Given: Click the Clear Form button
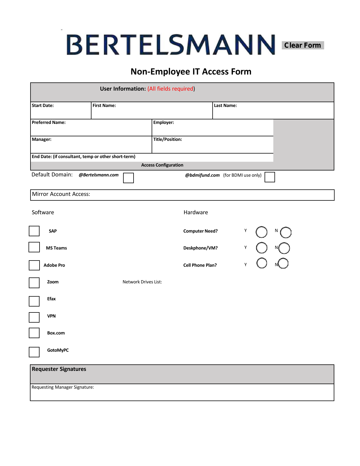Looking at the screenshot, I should point(302,45).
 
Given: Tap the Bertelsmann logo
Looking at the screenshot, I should point(171,45).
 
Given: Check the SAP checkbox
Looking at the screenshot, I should point(34,231).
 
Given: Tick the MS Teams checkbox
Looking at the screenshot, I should point(34,247).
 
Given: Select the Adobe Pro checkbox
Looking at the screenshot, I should point(34,265).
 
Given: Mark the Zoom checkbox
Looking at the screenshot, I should point(34,283).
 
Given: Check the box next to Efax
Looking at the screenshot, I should point(34,301).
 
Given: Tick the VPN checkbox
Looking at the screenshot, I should point(34,317).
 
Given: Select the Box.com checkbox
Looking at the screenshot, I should point(34,333).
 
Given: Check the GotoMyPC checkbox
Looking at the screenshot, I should point(34,352).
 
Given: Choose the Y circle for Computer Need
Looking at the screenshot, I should point(261,232).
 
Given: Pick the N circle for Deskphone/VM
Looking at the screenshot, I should point(284,248).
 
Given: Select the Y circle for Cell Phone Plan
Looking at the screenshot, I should point(262,263).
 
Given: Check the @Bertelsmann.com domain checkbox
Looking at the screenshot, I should point(128,178).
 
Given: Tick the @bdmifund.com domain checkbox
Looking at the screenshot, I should point(270,177).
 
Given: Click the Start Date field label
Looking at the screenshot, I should point(43,106).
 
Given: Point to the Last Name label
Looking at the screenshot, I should point(225,106).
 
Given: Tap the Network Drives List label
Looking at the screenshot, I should point(142,282).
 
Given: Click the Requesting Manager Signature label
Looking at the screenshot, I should point(63,387).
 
